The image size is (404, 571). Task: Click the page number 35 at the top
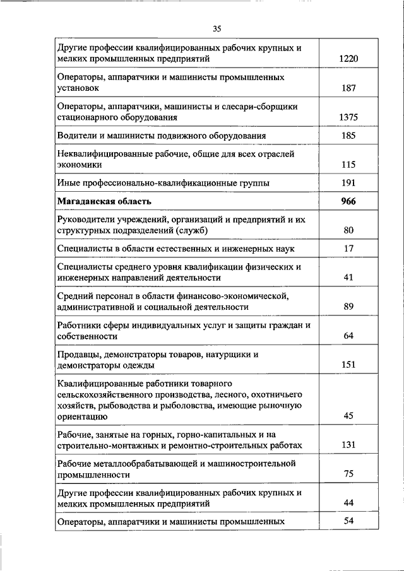pos(217,28)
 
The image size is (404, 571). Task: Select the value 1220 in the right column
pos(348,59)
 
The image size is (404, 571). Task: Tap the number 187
pos(348,89)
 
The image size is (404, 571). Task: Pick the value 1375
pos(348,117)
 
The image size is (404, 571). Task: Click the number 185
pos(348,136)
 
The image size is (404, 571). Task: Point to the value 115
pos(348,165)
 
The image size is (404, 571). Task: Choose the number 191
pos(348,183)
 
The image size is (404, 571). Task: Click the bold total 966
pos(348,201)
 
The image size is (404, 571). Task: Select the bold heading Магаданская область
pos(105,201)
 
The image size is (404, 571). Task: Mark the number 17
pos(348,249)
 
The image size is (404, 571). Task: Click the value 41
pos(348,278)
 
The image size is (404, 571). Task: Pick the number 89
pos(348,307)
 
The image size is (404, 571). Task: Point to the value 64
pos(348,336)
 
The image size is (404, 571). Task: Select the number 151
pos(348,365)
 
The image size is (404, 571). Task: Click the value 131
pos(348,445)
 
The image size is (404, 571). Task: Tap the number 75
pos(348,474)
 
